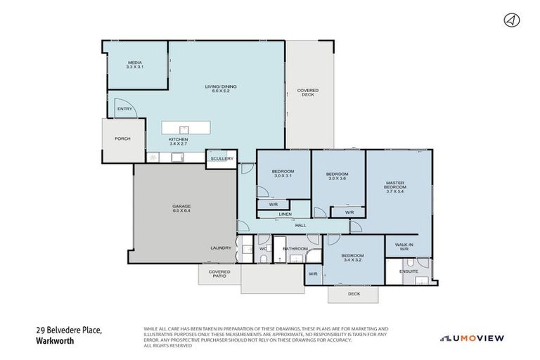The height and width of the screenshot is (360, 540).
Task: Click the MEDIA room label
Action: click(x=135, y=65)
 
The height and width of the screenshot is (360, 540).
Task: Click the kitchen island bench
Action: click(x=186, y=129)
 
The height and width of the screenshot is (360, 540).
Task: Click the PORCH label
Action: click(x=122, y=139)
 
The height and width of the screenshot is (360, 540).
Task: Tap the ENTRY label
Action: click(x=125, y=109)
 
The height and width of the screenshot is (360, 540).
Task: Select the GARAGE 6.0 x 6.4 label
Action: click(x=181, y=208)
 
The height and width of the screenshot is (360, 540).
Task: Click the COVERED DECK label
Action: click(x=307, y=92)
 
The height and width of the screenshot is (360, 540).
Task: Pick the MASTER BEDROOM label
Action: click(x=395, y=188)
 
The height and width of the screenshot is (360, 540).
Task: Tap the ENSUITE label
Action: click(x=409, y=271)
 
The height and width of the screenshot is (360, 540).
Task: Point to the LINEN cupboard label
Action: click(x=285, y=214)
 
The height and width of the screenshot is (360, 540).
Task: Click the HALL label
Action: click(x=300, y=225)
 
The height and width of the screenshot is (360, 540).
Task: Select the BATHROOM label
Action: click(x=295, y=248)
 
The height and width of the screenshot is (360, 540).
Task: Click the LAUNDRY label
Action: click(x=220, y=248)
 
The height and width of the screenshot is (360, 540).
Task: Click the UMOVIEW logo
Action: click(x=472, y=338)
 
